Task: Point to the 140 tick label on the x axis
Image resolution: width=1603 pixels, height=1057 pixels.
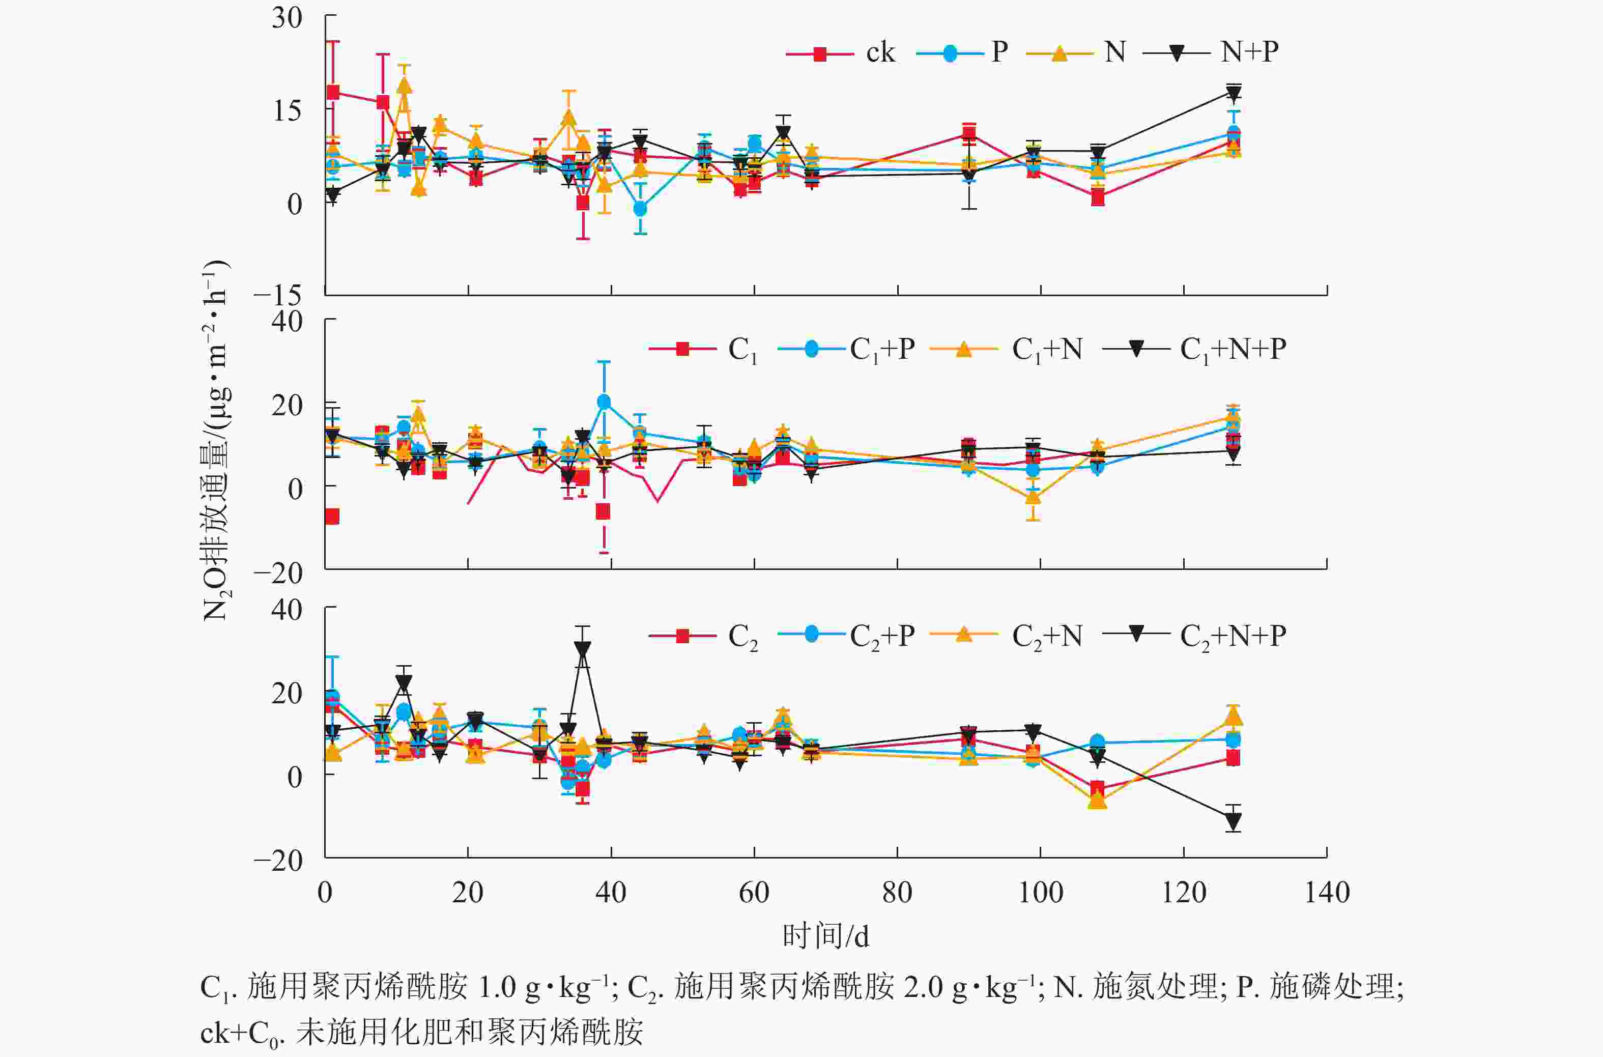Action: [1327, 893]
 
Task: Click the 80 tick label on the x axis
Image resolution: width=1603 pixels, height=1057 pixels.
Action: [897, 893]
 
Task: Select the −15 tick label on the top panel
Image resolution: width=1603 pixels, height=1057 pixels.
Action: [278, 295]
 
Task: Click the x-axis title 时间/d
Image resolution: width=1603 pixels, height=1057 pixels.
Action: [826, 936]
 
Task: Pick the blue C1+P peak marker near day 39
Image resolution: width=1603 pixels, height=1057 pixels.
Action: [604, 402]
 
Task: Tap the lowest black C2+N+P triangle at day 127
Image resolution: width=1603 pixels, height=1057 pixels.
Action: [1234, 821]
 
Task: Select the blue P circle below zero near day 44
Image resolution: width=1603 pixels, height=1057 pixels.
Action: [640, 209]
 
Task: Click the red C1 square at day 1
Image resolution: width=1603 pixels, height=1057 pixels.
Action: [332, 517]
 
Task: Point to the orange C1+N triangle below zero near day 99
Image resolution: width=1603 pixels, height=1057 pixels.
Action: [1033, 498]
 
